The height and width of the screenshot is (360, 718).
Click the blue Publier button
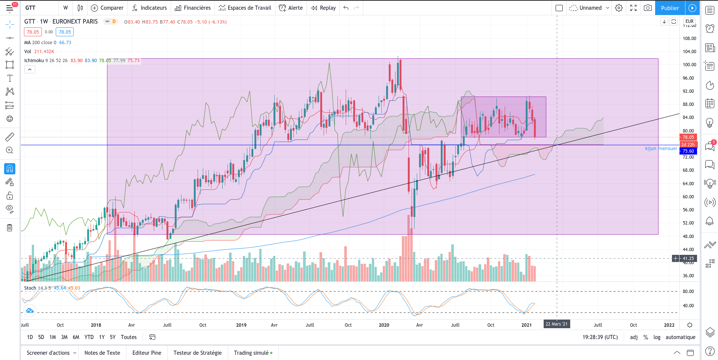click(670, 8)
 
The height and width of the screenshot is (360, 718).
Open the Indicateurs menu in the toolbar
click(149, 8)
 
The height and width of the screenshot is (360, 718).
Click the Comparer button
click(107, 8)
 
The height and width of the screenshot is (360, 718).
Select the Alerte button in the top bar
click(291, 8)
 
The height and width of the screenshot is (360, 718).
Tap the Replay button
click(324, 8)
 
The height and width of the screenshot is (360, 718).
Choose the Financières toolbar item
click(193, 8)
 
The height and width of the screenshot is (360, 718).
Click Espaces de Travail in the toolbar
click(245, 8)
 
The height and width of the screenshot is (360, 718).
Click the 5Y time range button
click(113, 337)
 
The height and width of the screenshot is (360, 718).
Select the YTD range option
click(89, 337)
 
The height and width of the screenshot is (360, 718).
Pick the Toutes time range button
click(129, 337)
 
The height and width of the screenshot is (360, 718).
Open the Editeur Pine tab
click(147, 353)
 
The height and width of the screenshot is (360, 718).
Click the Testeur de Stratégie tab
click(198, 353)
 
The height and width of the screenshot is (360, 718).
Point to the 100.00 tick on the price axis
click(689, 65)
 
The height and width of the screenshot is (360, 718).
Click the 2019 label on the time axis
click(241, 325)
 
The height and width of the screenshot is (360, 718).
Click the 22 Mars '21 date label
click(557, 324)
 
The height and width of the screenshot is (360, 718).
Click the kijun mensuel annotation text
click(661, 149)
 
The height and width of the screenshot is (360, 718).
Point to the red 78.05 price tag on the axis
click(688, 137)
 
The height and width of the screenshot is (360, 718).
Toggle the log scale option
click(657, 337)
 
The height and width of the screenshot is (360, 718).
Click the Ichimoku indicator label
click(34, 61)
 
